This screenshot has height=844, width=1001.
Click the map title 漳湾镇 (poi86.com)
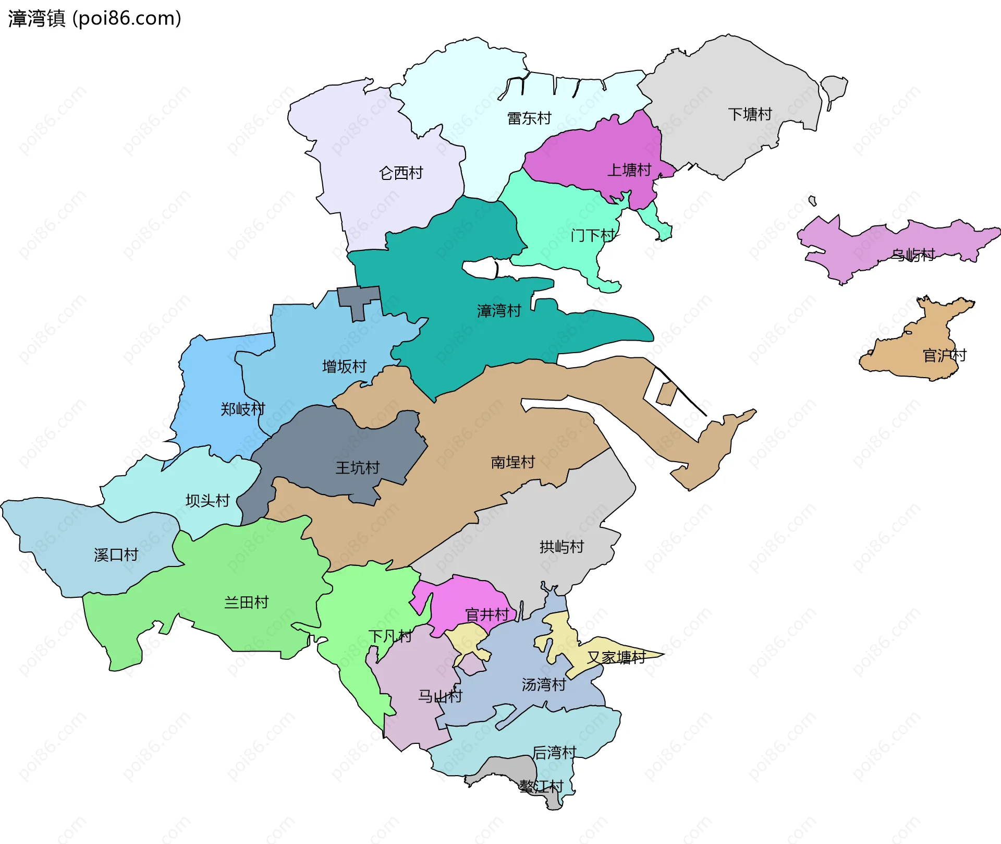pos(94,18)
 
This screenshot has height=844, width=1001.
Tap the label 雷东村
pos(529,118)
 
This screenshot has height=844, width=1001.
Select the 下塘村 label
pos(750,114)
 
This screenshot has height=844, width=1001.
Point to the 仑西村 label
pos(401,173)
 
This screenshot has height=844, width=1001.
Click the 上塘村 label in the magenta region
pos(629,170)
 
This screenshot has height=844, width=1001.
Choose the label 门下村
pos(593,235)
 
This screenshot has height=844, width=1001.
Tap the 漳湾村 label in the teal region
pos(499,311)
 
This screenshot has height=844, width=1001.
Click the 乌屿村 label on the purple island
pos(913,255)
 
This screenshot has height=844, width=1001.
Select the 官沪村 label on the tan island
pos(944,355)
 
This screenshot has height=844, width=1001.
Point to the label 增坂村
pos(344,366)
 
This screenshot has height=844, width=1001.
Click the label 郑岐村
pos(243,409)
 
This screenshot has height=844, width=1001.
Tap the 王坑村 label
pos(357,467)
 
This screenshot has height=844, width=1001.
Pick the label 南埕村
pos(512,462)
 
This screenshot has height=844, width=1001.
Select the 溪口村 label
pos(116,554)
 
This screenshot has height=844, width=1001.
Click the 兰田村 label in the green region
pos(246,602)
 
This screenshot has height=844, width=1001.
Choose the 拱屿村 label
pos(561,547)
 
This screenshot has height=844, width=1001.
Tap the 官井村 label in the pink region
pos(487,614)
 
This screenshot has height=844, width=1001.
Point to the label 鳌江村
pos(541,786)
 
